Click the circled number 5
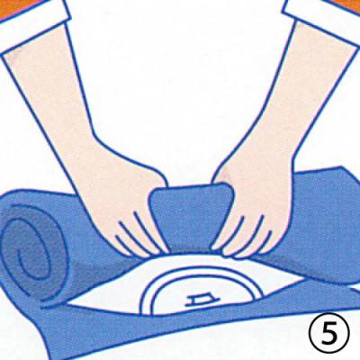329,334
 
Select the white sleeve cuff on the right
324,21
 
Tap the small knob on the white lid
199,301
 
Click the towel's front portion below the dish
180,333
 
